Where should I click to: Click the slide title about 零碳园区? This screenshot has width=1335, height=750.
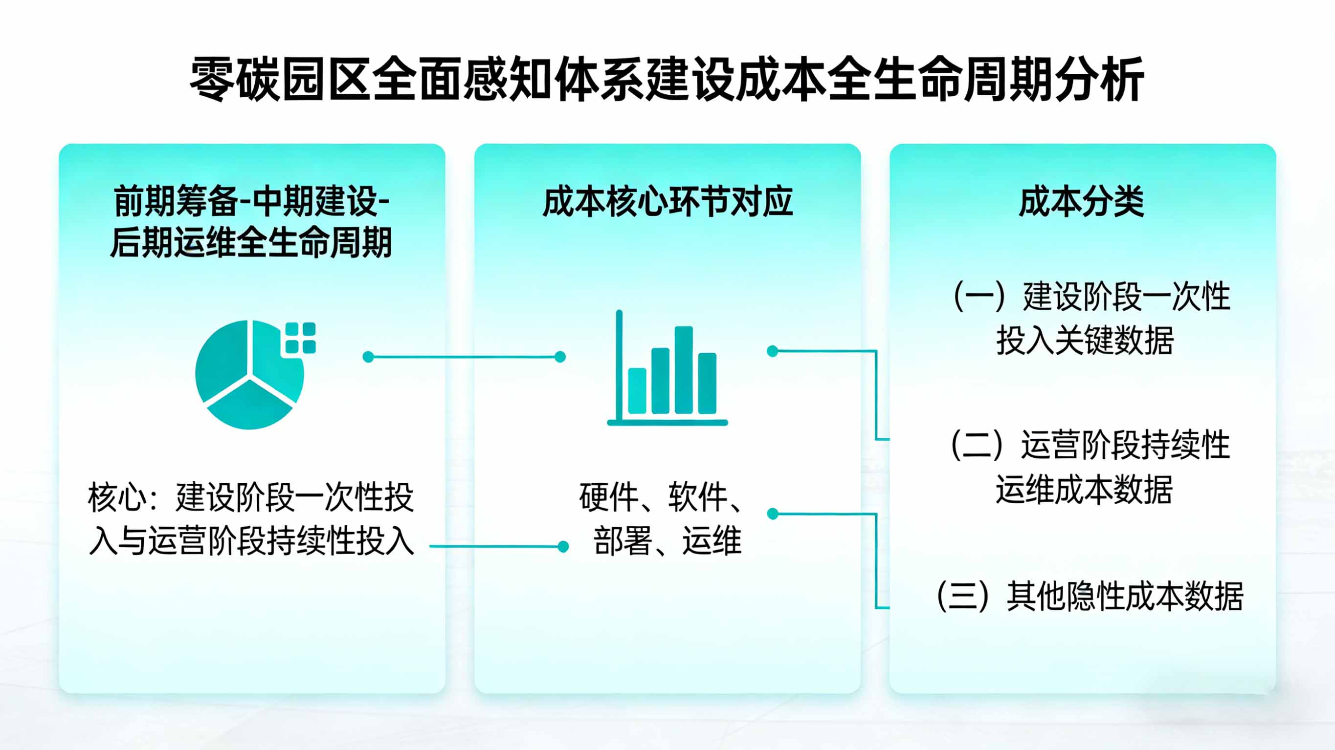pos(667,79)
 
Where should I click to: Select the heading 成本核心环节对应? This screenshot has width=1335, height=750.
pos(667,201)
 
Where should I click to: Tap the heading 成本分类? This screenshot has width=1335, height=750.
pos(1082,201)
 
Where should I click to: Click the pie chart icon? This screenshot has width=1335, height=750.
pos(249,374)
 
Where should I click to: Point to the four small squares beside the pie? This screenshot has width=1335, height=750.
pos(301,338)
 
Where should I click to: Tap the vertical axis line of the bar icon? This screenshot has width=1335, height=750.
pos(619,363)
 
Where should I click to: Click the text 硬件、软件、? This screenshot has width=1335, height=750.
pos(661,497)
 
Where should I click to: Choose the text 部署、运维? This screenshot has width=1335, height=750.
pos(667,541)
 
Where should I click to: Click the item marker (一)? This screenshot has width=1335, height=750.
pos(979,297)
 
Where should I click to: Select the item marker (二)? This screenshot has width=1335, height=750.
pos(977,445)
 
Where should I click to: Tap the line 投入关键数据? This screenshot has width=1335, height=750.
pos(1085,341)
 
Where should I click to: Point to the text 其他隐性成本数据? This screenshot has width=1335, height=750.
pos(1125,596)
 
